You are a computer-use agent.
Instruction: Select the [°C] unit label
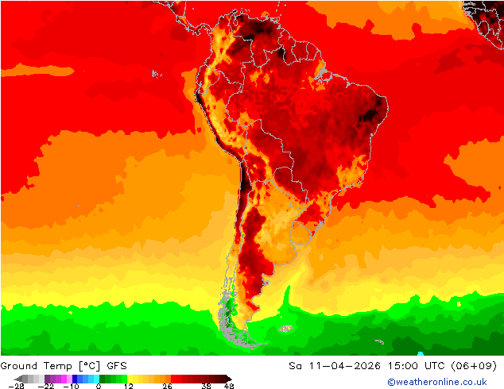[92, 366]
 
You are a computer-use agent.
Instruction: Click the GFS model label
[118, 366]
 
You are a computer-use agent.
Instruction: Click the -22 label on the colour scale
[45, 386]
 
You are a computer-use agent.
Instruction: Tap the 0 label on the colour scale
[99, 386]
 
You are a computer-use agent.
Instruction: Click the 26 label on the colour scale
[167, 386]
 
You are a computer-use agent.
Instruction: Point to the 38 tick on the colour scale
[205, 386]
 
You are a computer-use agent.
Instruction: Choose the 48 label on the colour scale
[229, 386]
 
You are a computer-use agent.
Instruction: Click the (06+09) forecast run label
[475, 366]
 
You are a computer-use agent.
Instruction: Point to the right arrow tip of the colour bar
[231, 379]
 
